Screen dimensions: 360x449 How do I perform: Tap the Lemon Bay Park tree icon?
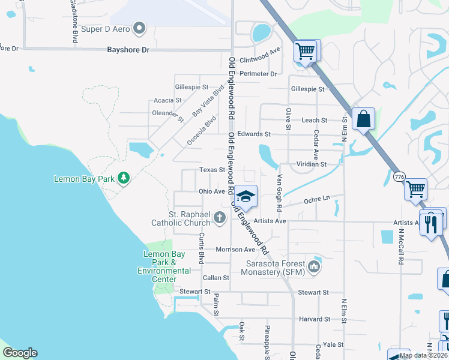124,178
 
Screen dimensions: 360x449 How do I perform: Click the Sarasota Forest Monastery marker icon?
314,266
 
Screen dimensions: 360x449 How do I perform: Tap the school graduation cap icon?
245,196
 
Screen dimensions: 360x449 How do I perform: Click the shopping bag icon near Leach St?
363,119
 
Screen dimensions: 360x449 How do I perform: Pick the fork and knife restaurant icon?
430,224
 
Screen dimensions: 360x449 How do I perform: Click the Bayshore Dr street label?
128,50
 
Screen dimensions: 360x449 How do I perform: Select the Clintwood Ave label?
260,60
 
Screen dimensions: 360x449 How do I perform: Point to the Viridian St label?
311,164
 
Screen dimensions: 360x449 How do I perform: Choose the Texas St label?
212,170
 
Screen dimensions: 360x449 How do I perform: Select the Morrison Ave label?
236,250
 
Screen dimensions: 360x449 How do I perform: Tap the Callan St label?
216,278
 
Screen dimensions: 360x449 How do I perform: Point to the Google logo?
20,353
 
